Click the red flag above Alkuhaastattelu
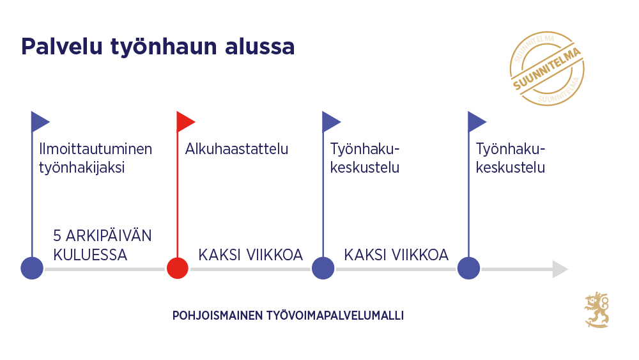[185, 121]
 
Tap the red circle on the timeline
[177, 268]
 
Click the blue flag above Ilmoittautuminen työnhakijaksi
[39, 121]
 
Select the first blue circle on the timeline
[32, 268]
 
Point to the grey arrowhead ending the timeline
[560, 269]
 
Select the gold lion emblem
[597, 310]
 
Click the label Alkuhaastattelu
[236, 149]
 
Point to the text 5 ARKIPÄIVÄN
[103, 235]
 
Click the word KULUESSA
[90, 254]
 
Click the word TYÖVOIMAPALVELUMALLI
[332, 316]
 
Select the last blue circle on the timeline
[468, 268]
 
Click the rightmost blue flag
[476, 121]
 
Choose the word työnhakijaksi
[82, 168]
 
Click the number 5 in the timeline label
[58, 235]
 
